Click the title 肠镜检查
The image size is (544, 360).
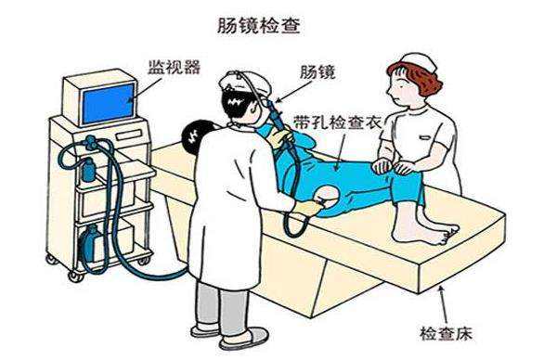click(258, 26)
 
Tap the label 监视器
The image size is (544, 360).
click(175, 68)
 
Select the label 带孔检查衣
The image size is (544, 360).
click(337, 122)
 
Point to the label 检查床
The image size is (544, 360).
click(446, 334)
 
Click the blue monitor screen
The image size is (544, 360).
click(109, 104)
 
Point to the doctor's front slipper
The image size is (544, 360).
click(243, 339)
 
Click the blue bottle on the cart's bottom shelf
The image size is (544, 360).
click(91, 244)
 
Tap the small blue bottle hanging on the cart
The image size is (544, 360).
click(89, 170)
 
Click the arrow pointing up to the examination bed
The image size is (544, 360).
click(444, 303)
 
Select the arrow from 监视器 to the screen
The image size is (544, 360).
click(145, 90)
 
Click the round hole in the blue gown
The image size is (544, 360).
click(327, 196)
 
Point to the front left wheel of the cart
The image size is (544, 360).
click(75, 276)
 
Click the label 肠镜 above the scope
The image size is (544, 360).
click(317, 72)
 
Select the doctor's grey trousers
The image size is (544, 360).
click(222, 305)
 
